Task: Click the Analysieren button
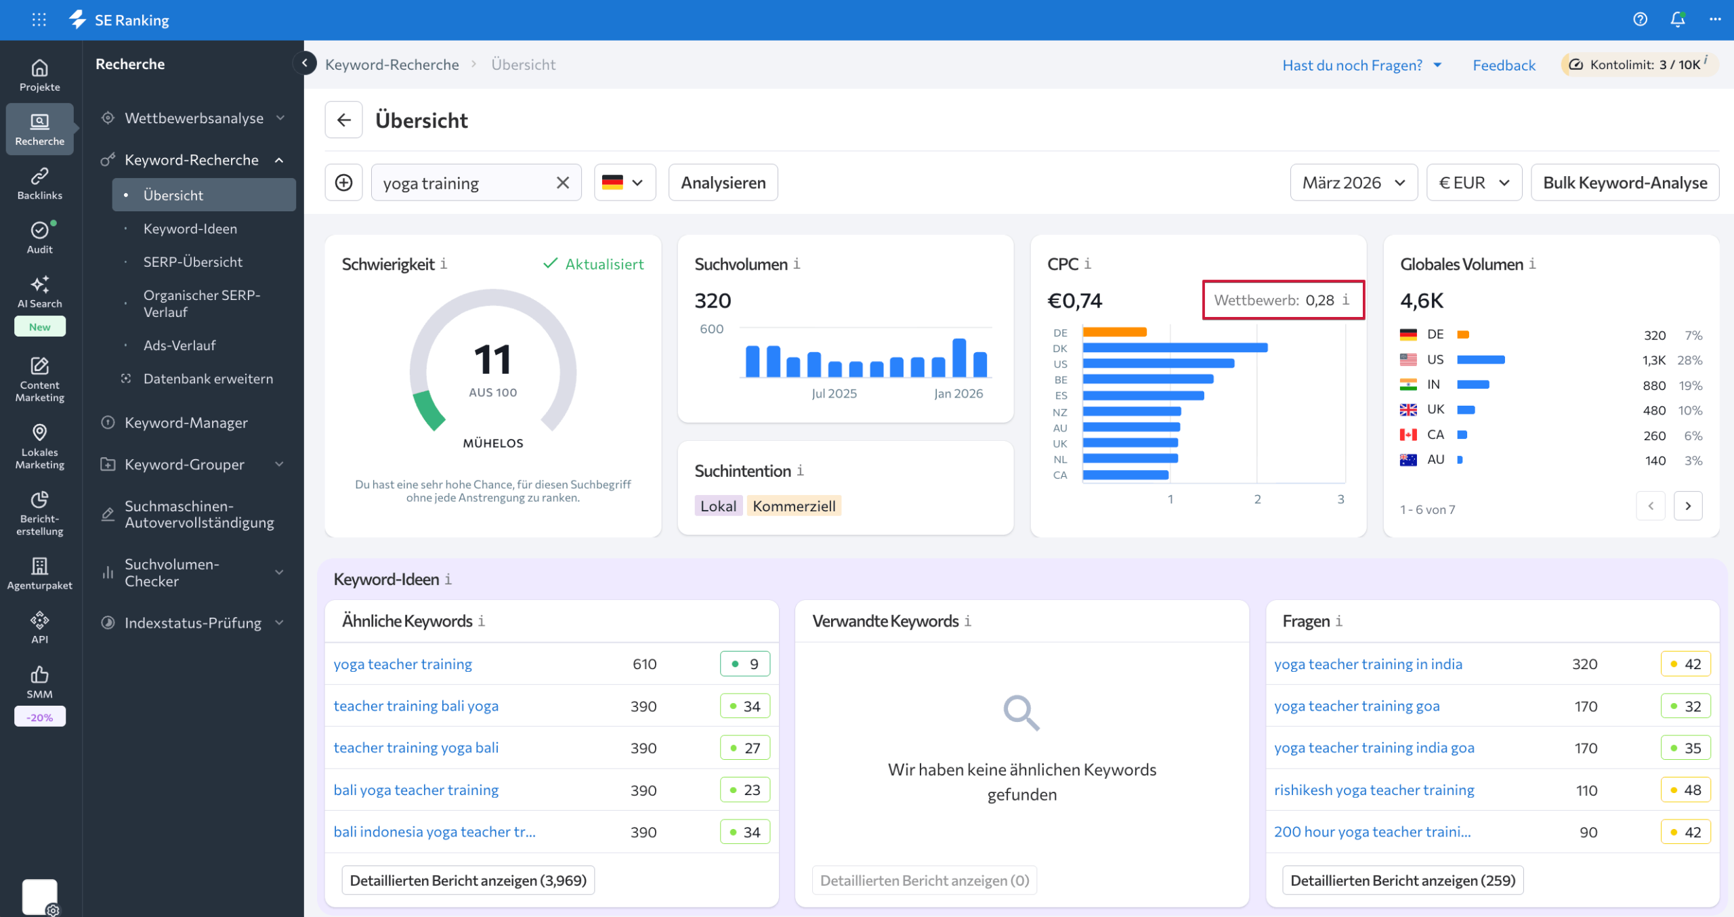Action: (x=723, y=183)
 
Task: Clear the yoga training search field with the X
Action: (x=562, y=183)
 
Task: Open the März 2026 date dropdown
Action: (x=1353, y=183)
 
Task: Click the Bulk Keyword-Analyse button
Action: (x=1624, y=183)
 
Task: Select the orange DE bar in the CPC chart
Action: (x=1114, y=332)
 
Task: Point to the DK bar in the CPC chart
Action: (x=1175, y=348)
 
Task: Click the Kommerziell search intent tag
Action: (x=794, y=506)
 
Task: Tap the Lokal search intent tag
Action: (x=718, y=506)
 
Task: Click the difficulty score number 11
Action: (x=492, y=360)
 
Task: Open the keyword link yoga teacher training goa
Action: (x=1357, y=706)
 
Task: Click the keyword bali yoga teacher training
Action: (x=416, y=790)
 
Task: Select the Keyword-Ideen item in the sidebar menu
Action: (x=190, y=229)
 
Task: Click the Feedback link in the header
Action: (x=1504, y=65)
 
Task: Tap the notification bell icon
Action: (x=1677, y=20)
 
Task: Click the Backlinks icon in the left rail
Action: (x=39, y=184)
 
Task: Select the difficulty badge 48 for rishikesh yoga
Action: (x=1685, y=790)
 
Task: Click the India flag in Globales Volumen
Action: (x=1408, y=385)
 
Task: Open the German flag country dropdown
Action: (x=624, y=183)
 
